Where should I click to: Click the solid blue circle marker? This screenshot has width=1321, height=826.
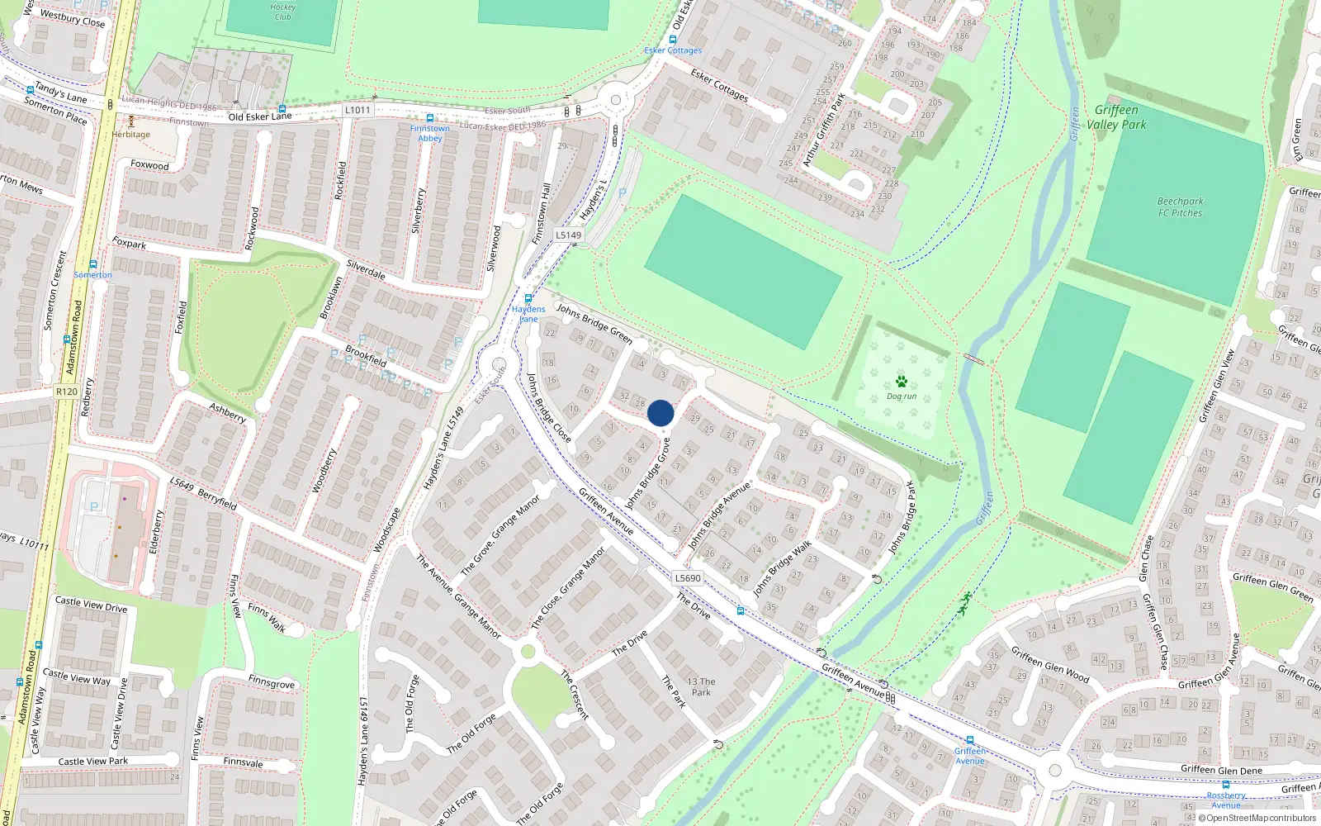click(x=660, y=413)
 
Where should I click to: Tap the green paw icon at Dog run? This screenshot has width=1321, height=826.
click(x=901, y=382)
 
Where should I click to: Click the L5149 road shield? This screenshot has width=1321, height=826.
click(x=568, y=235)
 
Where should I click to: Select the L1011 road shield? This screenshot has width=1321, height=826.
click(x=357, y=110)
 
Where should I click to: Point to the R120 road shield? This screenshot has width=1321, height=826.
click(x=67, y=392)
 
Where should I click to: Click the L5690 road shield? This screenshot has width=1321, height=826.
click(x=687, y=578)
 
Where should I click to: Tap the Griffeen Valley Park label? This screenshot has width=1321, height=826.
click(x=1116, y=117)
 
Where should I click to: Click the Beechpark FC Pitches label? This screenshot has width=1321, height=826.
click(x=1180, y=206)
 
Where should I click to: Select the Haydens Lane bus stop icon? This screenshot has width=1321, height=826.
click(x=528, y=298)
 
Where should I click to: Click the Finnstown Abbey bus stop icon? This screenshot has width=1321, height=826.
click(x=429, y=118)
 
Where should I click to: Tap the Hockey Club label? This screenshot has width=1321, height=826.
click(x=282, y=12)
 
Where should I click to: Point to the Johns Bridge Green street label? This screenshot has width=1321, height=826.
click(x=594, y=323)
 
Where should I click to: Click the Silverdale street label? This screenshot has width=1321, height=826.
click(x=365, y=270)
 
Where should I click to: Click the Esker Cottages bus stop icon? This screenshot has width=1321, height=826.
click(x=674, y=40)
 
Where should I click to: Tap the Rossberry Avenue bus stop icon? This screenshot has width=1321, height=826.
click(x=1225, y=785)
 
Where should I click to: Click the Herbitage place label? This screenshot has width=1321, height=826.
click(x=131, y=135)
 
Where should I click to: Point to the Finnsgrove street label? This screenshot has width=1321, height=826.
click(x=272, y=683)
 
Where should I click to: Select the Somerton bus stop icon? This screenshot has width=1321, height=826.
click(x=92, y=265)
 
